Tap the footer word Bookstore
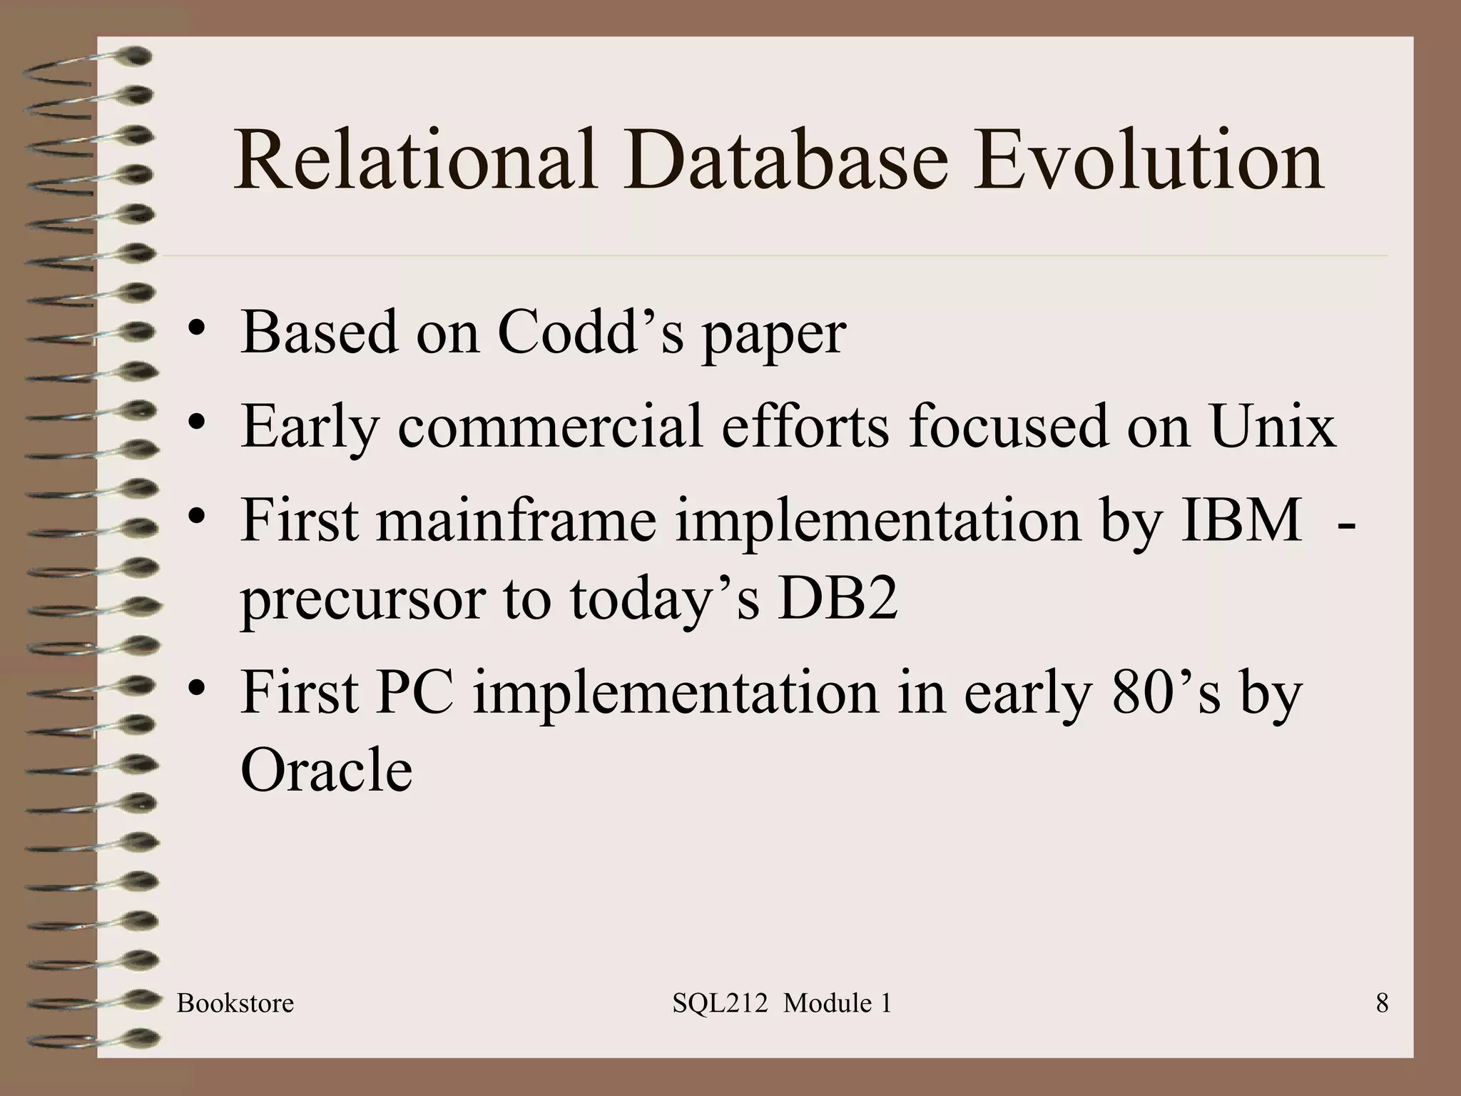coord(235,1003)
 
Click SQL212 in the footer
coord(720,1003)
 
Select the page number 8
coord(1382,1003)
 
